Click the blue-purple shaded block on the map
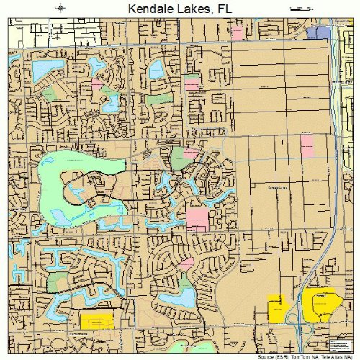coord(318,32)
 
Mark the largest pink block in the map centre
coord(197,217)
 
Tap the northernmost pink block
coord(192,83)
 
